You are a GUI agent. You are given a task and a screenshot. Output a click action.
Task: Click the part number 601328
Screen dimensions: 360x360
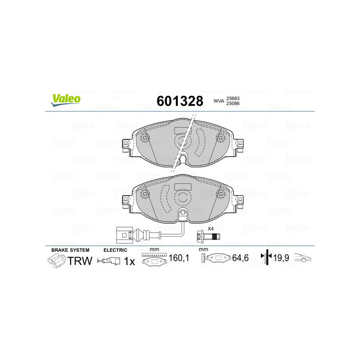click(x=179, y=101)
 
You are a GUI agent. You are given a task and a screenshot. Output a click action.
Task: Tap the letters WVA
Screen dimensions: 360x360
click(x=219, y=101)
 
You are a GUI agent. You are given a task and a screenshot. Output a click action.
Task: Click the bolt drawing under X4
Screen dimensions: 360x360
click(x=207, y=236)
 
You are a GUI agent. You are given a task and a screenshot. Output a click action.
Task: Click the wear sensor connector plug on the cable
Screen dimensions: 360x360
click(x=123, y=234)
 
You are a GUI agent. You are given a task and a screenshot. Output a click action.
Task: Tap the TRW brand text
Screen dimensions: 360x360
click(x=80, y=261)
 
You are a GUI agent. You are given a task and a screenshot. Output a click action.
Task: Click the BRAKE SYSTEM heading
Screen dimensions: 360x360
click(x=70, y=250)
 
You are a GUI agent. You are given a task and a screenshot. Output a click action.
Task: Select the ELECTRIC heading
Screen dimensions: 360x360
click(x=116, y=250)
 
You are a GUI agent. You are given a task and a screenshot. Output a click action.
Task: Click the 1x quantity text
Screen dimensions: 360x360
click(x=129, y=261)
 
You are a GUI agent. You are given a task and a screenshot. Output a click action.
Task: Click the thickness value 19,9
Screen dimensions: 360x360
click(x=282, y=259)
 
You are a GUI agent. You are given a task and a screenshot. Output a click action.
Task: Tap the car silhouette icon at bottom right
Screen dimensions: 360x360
click(x=303, y=258)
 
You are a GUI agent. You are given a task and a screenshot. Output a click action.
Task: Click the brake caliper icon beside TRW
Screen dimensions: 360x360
click(x=56, y=260)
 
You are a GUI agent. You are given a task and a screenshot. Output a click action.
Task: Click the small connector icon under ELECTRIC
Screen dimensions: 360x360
click(x=109, y=261)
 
